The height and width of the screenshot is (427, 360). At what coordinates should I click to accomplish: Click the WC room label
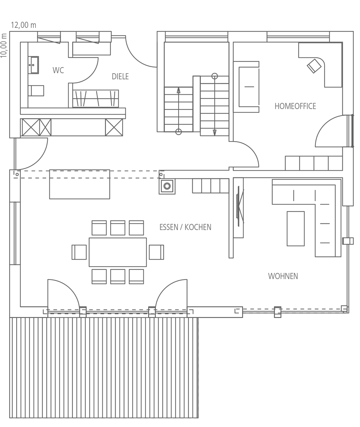(58, 70)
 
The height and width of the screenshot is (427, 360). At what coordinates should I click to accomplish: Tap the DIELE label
(120, 77)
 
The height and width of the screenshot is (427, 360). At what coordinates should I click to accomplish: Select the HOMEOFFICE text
(295, 106)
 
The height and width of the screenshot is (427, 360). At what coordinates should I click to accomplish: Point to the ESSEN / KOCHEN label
(185, 227)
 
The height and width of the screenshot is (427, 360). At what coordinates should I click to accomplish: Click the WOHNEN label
(283, 276)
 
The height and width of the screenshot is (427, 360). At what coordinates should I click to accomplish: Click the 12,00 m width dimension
(24, 25)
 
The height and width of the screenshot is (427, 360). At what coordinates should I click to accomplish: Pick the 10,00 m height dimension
(4, 45)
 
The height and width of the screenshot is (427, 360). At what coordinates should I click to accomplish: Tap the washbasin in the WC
(33, 65)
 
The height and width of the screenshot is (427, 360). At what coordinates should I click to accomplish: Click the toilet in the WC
(36, 91)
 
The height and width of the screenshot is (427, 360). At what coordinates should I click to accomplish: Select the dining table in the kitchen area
(118, 252)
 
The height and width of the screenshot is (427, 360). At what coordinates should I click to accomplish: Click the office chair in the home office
(314, 66)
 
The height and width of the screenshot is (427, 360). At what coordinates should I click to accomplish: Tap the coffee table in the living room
(296, 229)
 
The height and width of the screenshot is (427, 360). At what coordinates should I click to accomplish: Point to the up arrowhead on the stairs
(178, 90)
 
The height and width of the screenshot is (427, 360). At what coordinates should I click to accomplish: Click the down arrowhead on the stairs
(215, 133)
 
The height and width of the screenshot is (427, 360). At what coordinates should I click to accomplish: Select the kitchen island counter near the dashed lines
(80, 184)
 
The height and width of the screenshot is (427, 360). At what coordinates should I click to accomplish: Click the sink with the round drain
(167, 186)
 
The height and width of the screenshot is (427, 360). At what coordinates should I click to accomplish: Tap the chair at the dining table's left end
(79, 252)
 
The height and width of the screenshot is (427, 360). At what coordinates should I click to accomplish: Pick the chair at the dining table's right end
(156, 252)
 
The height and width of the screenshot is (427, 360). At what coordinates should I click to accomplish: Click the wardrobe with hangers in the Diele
(96, 99)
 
